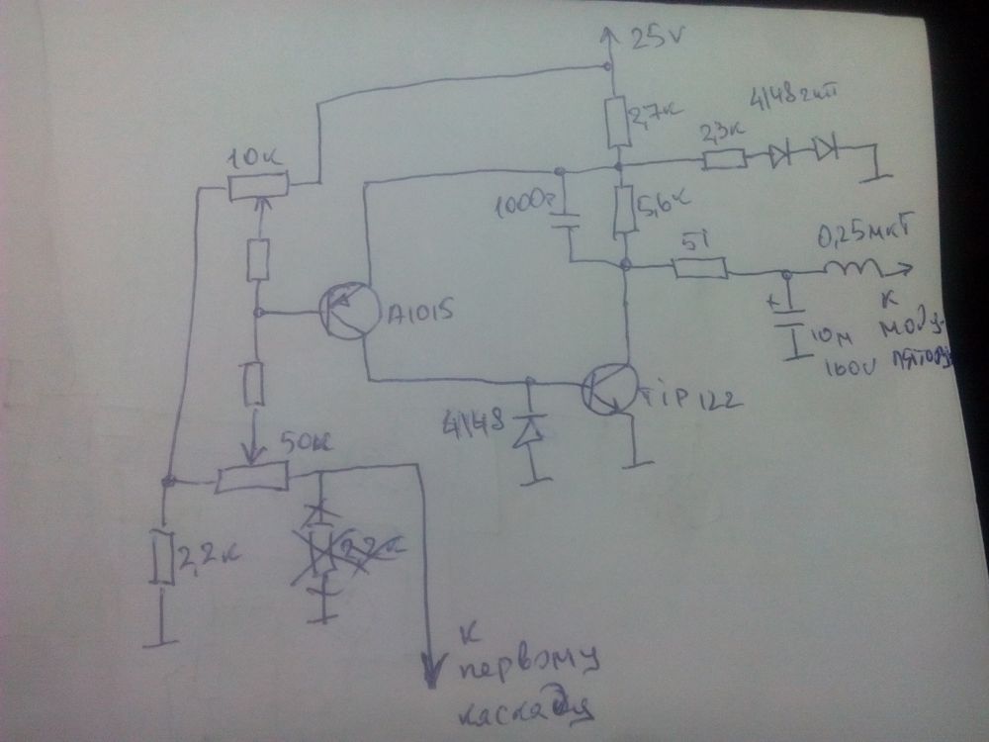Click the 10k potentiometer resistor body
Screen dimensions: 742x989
(258, 184)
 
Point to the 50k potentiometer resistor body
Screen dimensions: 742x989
(253, 479)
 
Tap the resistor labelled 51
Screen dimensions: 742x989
(700, 268)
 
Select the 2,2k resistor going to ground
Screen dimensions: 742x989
(163, 559)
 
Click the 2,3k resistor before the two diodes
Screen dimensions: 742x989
(724, 158)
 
